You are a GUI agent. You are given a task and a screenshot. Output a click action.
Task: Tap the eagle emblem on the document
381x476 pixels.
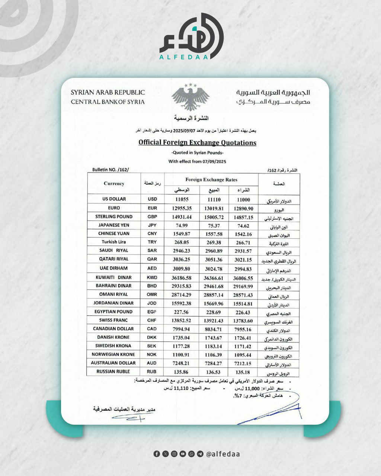pos(190,97)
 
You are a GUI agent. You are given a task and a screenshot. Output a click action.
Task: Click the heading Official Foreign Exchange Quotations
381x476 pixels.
pos(197,142)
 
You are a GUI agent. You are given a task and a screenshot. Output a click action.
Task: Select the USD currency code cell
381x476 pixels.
pos(152,199)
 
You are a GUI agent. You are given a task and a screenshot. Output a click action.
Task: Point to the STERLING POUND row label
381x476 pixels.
pos(114,216)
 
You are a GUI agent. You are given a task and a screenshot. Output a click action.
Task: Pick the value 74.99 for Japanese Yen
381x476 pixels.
pos(182,225)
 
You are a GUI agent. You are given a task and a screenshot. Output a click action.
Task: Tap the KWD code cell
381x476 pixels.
pos(152,277)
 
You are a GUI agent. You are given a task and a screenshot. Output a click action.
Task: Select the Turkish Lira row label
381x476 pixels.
pos(114,242)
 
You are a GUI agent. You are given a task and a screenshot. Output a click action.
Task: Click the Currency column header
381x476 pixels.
pos(114,183)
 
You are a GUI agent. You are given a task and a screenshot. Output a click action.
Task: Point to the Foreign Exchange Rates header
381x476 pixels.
pos(211,180)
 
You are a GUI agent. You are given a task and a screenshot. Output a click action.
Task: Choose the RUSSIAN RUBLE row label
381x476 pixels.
pos(113,372)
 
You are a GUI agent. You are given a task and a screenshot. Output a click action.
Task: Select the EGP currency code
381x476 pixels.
pos(152,312)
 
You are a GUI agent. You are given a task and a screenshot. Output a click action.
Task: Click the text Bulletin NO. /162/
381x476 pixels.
pos(110,170)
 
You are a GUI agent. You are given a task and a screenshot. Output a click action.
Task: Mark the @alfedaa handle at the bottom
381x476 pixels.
pos(222,454)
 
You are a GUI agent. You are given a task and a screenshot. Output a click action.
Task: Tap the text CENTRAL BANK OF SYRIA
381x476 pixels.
pos(108,102)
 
